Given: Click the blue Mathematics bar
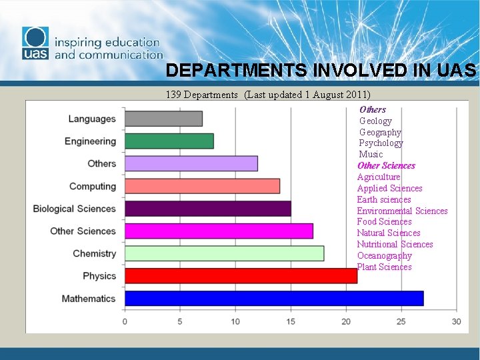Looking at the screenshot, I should tap(273, 298).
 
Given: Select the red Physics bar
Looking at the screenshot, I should tap(241, 275).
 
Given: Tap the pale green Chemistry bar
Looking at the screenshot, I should tap(224, 253).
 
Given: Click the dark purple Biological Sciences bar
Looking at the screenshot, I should tap(207, 209).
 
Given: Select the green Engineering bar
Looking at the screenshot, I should tap(169, 141).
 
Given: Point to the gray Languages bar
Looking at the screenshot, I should tap(163, 119).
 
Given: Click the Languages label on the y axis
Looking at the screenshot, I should tap(92, 119).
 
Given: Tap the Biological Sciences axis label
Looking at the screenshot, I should tap(74, 209).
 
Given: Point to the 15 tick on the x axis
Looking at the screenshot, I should tap(291, 321).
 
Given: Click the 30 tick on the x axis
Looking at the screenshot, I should tap(456, 321).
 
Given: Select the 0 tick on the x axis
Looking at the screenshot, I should tap(125, 321).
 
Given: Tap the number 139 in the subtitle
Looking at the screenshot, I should tap(173, 95).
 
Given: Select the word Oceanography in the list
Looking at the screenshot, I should tap(384, 255).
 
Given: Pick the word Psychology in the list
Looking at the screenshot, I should tap(381, 143).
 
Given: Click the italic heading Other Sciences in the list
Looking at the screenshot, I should tap(386, 165).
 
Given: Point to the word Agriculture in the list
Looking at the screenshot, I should tap(379, 177).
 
